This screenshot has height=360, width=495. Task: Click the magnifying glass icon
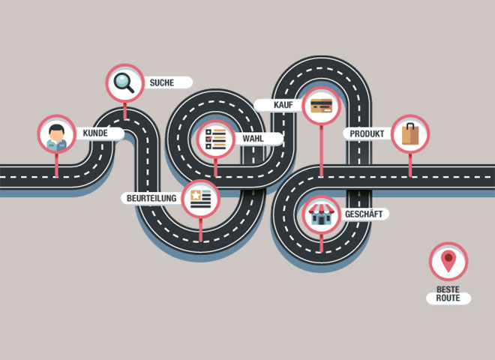tap(124, 82)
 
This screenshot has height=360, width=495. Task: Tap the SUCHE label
tap(162, 82)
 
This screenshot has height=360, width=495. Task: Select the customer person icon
tap(57, 135)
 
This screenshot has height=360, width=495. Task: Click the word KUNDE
tap(94, 133)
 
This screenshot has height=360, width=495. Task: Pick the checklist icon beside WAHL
tap(215, 139)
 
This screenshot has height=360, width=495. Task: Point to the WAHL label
tap(253, 139)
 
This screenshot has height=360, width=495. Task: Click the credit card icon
tap(322, 106)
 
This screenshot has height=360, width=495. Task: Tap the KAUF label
tap(283, 105)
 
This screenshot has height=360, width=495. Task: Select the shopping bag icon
tap(410, 134)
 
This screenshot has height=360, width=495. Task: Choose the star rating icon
tap(200, 199)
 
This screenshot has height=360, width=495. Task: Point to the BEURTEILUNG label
tap(152, 199)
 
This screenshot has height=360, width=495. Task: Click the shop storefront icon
tap(321, 215)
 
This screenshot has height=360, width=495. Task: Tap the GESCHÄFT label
tap(364, 214)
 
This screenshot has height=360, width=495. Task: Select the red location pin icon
tap(448, 262)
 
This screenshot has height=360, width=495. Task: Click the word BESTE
tap(448, 289)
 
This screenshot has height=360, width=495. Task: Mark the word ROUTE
tap(448, 298)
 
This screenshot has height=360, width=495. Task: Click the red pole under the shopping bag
tap(410, 165)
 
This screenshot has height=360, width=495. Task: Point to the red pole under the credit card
tap(322, 150)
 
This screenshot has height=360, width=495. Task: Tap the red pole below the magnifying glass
tap(124, 110)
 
